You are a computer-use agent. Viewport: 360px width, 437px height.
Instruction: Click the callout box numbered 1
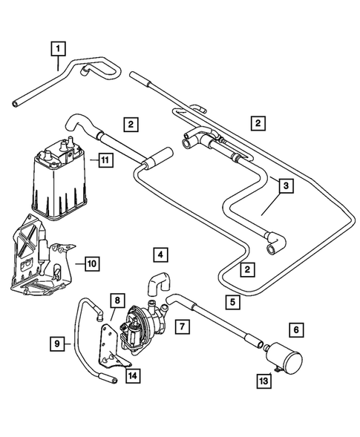(57, 49)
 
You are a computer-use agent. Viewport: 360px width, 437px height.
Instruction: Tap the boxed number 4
(160, 255)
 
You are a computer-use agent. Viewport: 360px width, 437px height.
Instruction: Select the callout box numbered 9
(56, 344)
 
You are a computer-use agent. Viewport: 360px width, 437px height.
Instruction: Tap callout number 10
(91, 263)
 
